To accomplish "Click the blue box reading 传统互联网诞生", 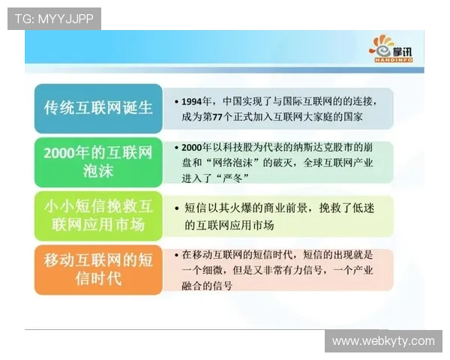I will coord(97,108).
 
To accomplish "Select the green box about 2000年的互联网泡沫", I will coord(97,160).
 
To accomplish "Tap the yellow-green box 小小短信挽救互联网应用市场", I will coord(97,214).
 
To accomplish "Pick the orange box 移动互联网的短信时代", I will coord(97,269).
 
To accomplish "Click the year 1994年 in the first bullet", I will coord(197,100).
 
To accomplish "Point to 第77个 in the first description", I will coord(226,117).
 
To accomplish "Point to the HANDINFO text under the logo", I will coord(390,60).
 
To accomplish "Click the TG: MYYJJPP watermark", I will coord(53,18).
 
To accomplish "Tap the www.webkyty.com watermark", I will coord(383,341).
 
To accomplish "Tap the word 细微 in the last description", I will coord(224,271).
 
